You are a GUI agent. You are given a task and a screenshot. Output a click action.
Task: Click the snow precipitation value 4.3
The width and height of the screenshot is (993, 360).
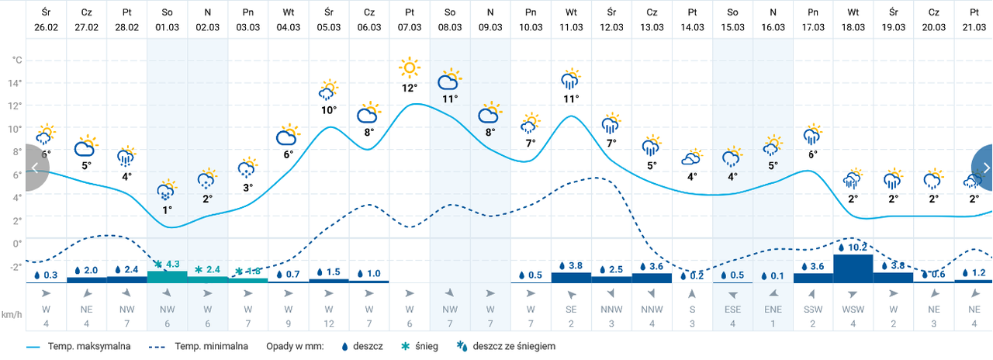(172, 265)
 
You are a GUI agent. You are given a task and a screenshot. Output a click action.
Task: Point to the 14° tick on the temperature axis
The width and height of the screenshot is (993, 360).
(16, 83)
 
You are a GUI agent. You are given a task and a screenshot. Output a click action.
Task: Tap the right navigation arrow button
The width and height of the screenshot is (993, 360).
(984, 167)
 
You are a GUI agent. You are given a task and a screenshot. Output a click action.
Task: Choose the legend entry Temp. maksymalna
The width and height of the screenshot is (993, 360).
(86, 346)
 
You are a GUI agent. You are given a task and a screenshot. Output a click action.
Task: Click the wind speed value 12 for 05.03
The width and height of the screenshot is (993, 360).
(329, 323)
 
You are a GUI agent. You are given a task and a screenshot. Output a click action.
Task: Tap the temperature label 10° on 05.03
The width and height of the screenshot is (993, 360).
(329, 110)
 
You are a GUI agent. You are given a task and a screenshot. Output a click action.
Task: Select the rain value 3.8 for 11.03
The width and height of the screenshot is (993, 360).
(575, 266)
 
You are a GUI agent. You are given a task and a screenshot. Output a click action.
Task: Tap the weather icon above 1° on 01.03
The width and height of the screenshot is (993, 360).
(167, 189)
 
